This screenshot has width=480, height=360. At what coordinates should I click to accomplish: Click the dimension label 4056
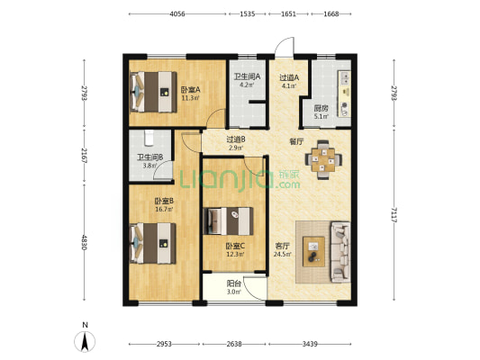pos(177,13)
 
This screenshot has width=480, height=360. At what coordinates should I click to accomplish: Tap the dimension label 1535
pos(248,13)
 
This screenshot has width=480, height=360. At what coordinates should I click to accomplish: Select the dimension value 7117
pos(394,214)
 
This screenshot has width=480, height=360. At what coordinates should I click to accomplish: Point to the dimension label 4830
pos(84,242)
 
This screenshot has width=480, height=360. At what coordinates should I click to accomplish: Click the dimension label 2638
pos(234,344)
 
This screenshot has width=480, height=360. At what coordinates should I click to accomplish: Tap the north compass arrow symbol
pos(85,341)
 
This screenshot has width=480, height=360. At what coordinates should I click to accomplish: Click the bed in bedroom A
pos(154,92)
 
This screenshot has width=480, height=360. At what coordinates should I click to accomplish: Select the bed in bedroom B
pos(153,243)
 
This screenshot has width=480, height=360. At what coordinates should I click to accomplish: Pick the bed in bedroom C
pos(228,220)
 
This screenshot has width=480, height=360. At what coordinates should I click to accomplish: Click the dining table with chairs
pos(323,159)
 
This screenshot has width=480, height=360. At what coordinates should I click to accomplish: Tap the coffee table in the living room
pos(313,251)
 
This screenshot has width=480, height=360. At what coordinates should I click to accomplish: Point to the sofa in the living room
pos(340,251)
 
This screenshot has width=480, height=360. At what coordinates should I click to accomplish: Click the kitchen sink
pos(345,77)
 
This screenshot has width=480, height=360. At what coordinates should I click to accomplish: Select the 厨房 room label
pos(322,108)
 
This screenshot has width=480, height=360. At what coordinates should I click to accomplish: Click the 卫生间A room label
pos(247,76)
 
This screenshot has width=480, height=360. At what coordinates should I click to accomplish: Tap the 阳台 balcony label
pos(234,283)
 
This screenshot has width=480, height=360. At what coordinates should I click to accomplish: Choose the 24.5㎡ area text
pos(283,254)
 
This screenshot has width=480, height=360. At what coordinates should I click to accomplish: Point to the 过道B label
pos(236,139)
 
